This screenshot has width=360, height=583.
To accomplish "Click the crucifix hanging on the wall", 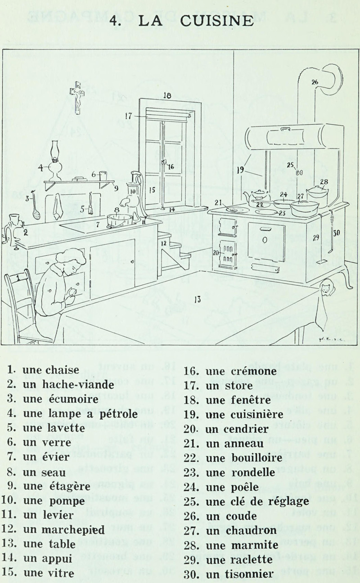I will (x=77, y=97).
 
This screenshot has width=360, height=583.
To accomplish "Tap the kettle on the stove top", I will (x=256, y=196).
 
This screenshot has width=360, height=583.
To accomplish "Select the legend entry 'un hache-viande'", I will (x=68, y=385).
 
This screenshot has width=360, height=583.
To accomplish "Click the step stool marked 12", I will (x=173, y=254).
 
